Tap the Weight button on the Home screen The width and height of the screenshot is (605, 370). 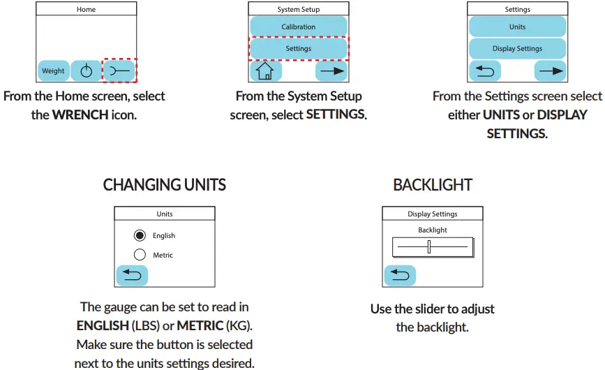pos(53,71)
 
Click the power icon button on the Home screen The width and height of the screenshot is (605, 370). pos(86,71)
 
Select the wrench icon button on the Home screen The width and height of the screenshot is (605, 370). pos(119,71)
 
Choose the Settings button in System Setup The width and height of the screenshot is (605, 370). pos(298,49)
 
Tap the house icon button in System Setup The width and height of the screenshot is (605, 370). pos(265,71)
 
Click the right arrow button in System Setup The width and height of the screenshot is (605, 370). pos(331,71)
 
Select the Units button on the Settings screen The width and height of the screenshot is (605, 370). pos(517,27)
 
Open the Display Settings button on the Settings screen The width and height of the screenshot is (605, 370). pos(517,49)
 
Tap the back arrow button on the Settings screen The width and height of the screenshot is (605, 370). pos(484,71)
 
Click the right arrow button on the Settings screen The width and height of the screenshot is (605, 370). pos(550,71)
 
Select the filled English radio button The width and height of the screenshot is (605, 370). pos(140,236)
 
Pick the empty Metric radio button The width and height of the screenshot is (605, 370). pos(140,256)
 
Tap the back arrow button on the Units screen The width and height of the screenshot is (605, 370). pos(132,275)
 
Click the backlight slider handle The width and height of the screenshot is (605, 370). pos(429,246)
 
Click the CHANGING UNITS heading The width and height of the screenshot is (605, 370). pos(165,185)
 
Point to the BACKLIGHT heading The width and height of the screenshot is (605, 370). pos(433,185)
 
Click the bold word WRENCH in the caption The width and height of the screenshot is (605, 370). pos(80,114)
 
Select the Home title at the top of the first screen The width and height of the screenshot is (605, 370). pos(87,10)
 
